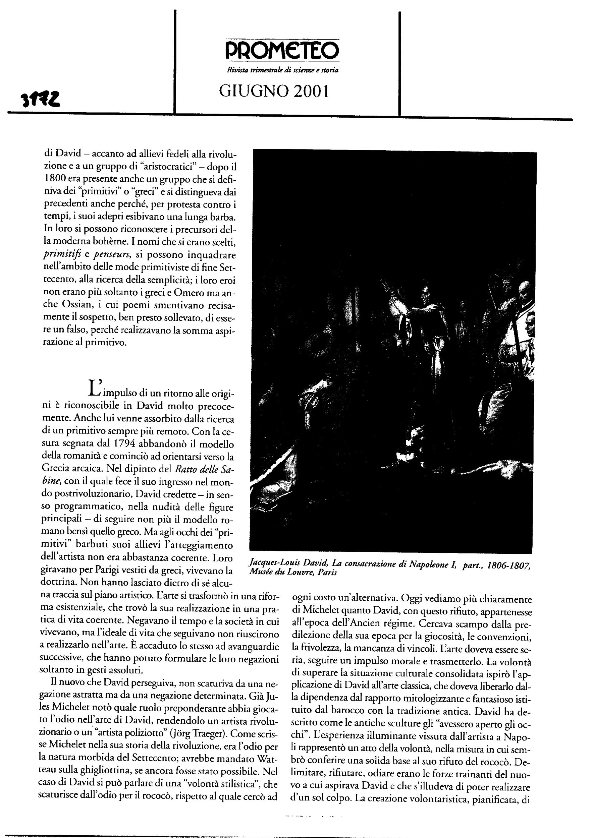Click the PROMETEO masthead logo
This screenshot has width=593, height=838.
281,50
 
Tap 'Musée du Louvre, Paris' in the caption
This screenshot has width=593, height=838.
293,572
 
